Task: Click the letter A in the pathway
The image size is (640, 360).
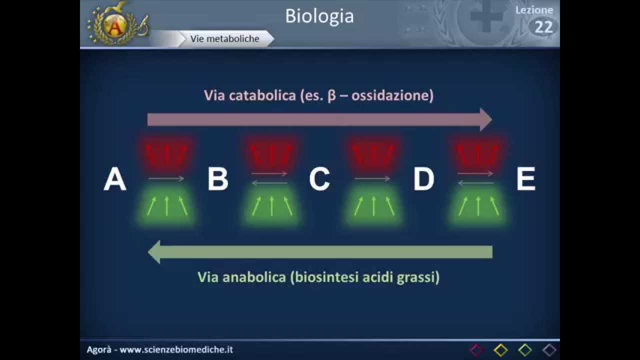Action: (x=114, y=179)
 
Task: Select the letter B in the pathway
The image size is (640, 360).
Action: (x=218, y=179)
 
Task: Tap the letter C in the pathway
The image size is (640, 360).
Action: (x=319, y=179)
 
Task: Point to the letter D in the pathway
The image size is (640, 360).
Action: (x=423, y=179)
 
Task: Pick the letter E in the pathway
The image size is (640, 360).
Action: (x=525, y=179)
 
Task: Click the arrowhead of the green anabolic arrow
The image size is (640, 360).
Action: (x=154, y=251)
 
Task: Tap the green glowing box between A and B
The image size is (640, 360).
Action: (x=167, y=205)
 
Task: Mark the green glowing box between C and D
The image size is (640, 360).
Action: (x=373, y=205)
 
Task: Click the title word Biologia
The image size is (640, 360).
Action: (x=319, y=16)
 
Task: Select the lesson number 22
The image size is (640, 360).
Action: (x=543, y=27)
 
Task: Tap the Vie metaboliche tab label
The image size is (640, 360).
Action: (x=224, y=38)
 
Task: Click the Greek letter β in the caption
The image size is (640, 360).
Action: (x=332, y=96)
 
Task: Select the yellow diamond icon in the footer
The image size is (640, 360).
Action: (x=500, y=350)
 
